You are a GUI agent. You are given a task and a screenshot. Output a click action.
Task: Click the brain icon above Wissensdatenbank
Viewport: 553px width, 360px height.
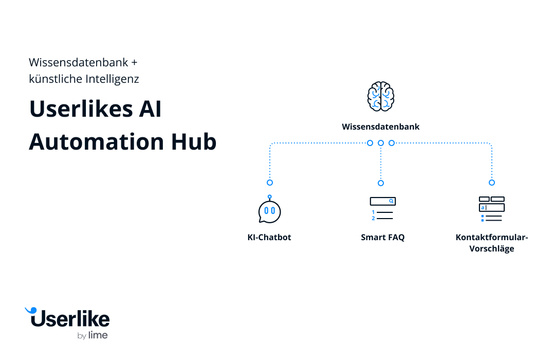[x=381, y=96]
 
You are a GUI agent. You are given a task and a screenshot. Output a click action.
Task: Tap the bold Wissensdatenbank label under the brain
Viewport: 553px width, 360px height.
[x=381, y=127]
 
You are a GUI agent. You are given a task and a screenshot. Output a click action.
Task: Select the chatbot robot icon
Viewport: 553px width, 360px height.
[x=269, y=210]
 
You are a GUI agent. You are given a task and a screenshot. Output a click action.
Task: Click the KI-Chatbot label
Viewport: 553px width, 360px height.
[x=269, y=238]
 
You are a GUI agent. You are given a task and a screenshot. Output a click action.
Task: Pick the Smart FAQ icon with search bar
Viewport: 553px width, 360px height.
[x=382, y=208]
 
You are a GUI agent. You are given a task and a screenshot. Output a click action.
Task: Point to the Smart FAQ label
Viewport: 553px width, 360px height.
[x=382, y=238]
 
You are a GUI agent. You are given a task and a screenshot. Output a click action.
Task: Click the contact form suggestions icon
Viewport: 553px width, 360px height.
[x=491, y=209]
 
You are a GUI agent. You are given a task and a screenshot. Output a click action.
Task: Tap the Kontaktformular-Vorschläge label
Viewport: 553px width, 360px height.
[x=492, y=243]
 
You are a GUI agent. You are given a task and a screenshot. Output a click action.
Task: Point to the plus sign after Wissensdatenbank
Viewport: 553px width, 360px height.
[x=134, y=63]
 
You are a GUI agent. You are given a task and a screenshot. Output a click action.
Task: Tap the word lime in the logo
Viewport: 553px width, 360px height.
[x=98, y=336]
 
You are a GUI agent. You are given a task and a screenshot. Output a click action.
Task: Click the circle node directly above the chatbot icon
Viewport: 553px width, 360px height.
[x=270, y=183]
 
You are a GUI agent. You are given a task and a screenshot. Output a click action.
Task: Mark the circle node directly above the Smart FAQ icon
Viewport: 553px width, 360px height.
[x=381, y=183]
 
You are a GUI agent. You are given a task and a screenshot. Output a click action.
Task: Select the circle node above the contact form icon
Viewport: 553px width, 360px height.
[x=492, y=183]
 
